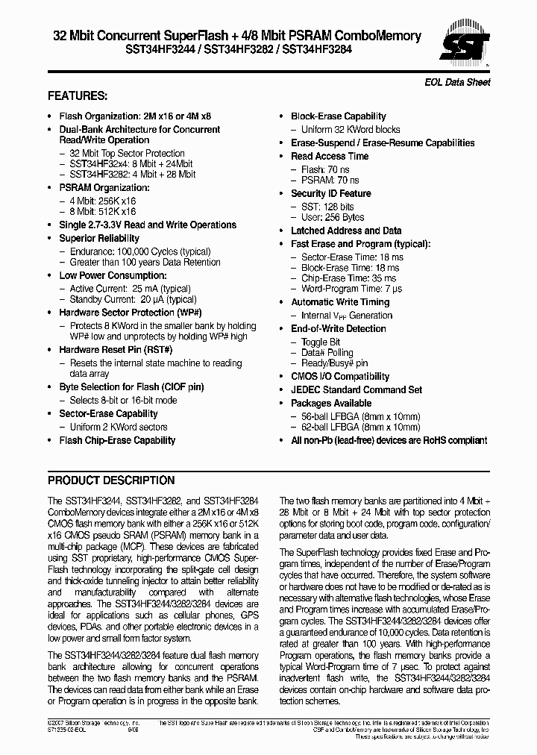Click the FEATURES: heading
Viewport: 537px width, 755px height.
78,96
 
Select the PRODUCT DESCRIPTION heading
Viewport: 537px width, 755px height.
111,480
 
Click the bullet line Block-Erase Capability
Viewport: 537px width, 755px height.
338,116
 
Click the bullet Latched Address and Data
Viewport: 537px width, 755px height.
345,231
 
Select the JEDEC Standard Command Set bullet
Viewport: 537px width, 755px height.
356,389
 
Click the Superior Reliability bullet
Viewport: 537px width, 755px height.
99,238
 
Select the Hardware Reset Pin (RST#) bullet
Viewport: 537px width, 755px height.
116,349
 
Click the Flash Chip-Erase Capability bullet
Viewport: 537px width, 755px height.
117,440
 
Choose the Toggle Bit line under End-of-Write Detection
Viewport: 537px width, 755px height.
321,342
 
